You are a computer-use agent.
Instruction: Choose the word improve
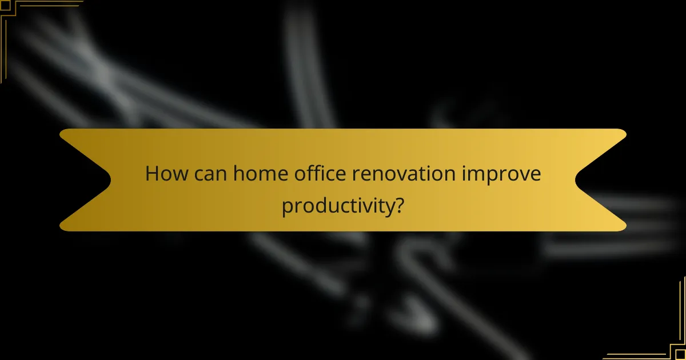click(504, 174)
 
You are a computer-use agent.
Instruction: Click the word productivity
click(337, 206)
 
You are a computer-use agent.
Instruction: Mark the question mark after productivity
click(400, 205)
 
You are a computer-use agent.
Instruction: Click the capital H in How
click(151, 173)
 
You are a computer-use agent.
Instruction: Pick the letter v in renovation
click(404, 174)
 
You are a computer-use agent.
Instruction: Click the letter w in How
click(178, 174)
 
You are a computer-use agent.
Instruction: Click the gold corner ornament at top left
click(11, 11)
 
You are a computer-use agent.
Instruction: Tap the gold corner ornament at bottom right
click(675, 349)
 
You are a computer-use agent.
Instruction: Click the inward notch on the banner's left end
click(110, 180)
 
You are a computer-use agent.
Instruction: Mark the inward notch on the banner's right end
click(576, 180)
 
